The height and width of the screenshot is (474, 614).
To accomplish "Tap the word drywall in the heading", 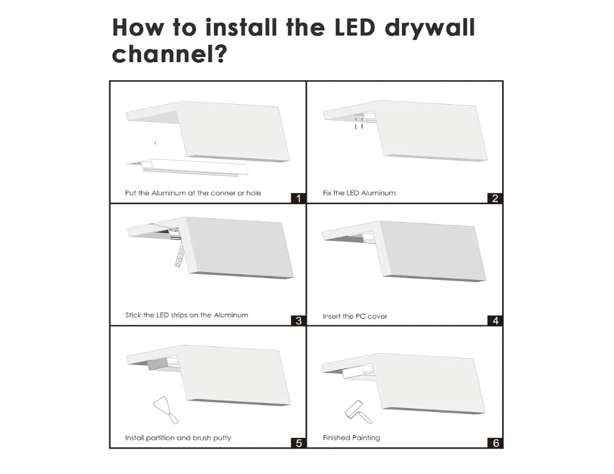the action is (430, 28).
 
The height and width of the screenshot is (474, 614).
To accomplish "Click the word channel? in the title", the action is (169, 53).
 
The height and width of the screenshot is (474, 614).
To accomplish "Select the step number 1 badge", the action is (298, 199).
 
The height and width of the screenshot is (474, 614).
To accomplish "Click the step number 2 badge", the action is (495, 199).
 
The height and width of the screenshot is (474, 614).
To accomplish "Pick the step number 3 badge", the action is (298, 321).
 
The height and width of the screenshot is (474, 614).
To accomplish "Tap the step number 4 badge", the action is (495, 321).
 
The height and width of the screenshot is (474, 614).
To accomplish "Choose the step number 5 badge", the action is (298, 443).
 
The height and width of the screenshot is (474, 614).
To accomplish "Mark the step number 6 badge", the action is (495, 443).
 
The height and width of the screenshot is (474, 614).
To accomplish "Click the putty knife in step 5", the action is (165, 410).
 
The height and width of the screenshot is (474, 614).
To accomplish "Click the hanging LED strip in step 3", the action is (180, 254).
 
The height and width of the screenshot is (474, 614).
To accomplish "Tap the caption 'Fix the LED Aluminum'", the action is (359, 193).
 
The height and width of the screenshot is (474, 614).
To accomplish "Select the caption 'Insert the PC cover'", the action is (355, 316).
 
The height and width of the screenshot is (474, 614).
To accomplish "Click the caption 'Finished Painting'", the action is (351, 438).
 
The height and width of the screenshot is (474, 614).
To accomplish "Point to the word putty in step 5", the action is (222, 438).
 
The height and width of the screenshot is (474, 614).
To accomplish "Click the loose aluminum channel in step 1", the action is (187, 167).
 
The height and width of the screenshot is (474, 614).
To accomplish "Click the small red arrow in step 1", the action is (155, 143).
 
